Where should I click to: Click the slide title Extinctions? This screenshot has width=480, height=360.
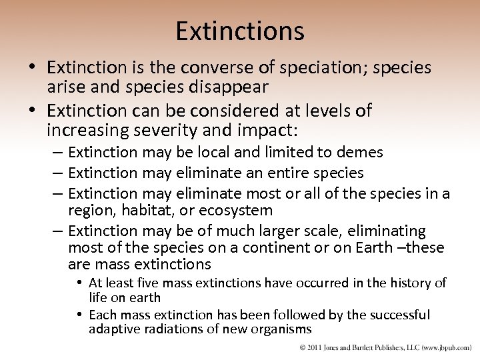pos(240,31)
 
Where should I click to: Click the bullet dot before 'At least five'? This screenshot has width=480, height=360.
pos(79,283)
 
